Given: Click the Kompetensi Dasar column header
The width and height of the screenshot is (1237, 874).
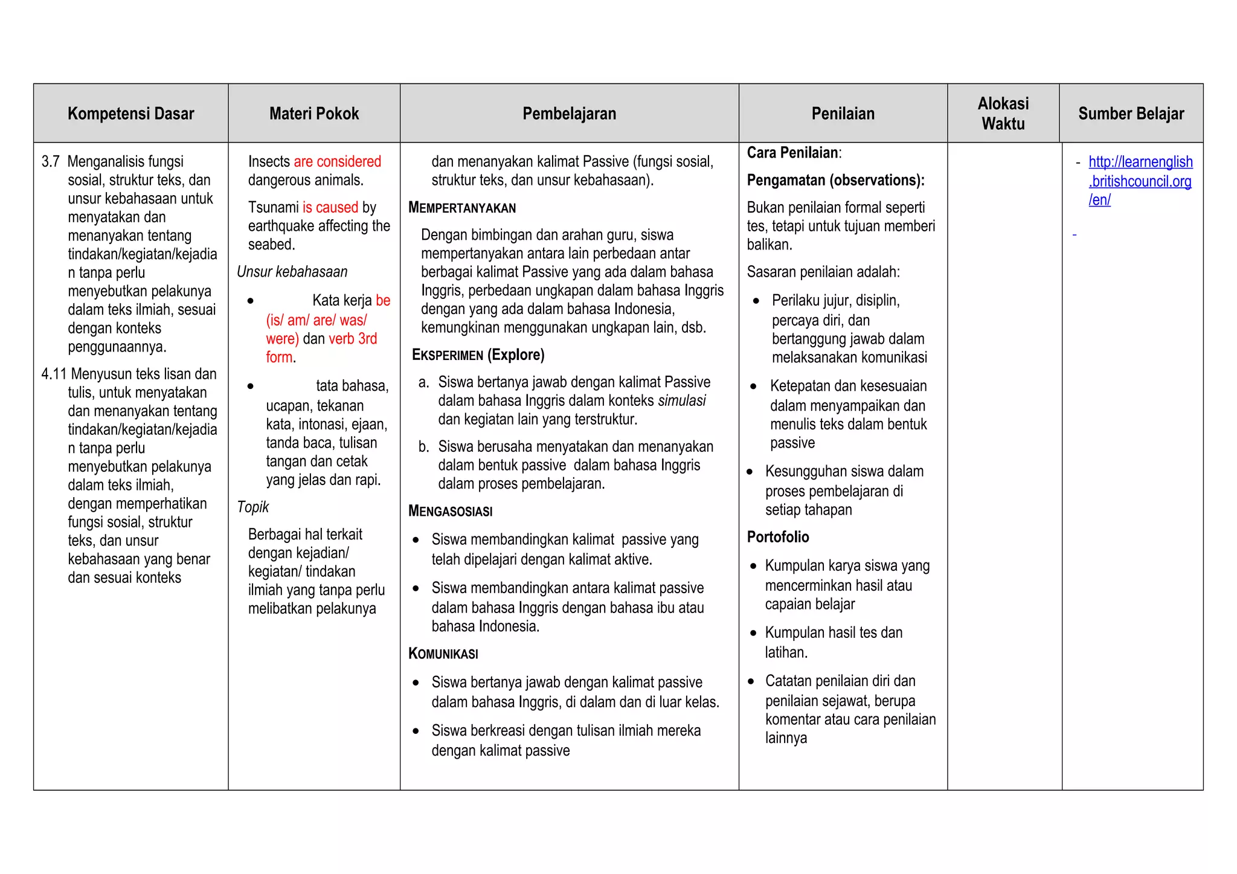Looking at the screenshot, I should [x=130, y=114].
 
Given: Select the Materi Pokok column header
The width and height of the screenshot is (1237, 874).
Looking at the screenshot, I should [x=314, y=114].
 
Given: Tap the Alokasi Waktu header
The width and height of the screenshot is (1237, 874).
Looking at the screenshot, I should [x=1003, y=114].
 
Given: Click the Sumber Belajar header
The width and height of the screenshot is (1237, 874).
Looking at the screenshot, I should [x=1131, y=114].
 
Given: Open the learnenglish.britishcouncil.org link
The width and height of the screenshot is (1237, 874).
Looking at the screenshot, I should [x=1140, y=181].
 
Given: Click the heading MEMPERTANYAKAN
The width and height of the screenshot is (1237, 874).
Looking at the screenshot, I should [x=462, y=208].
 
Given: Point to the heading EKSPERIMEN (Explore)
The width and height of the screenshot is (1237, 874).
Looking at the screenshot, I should [x=478, y=355].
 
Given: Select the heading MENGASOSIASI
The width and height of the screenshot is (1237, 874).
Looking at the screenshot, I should [x=450, y=511].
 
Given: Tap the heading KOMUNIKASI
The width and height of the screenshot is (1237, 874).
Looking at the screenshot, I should [x=443, y=654].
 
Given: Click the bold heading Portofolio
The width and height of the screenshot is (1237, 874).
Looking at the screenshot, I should [x=777, y=537].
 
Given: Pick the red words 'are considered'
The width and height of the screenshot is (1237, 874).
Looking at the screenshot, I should [x=337, y=161].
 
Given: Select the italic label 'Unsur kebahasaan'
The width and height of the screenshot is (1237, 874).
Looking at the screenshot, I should [x=292, y=272].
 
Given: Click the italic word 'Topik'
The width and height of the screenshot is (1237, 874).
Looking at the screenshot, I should [x=252, y=507].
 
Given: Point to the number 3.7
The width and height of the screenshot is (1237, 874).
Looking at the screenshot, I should [x=51, y=161].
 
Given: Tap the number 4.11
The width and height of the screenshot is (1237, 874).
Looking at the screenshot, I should [x=53, y=374].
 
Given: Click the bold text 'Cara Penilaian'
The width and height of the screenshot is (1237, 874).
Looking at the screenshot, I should [x=792, y=153].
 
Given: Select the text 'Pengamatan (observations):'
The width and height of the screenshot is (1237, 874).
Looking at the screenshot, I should [x=835, y=180].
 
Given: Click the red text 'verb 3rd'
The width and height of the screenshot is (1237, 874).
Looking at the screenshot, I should [x=353, y=338].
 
